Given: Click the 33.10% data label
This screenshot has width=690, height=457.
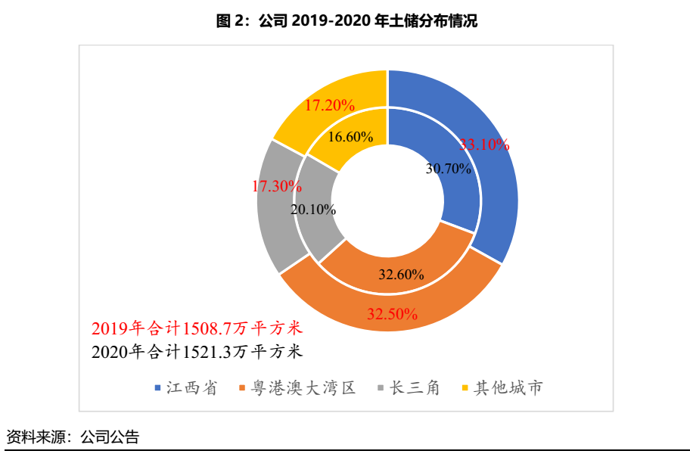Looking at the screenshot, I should (x=485, y=145).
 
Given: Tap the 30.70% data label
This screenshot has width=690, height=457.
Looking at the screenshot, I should (x=448, y=169).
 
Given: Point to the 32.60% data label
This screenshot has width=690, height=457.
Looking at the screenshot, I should (x=401, y=274).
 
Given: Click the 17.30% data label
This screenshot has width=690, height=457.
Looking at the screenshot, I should (x=277, y=185).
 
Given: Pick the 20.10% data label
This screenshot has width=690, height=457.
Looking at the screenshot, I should (x=313, y=210).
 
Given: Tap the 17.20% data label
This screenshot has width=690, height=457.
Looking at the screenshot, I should (x=330, y=106).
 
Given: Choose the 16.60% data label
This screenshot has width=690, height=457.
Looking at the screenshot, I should (x=351, y=137).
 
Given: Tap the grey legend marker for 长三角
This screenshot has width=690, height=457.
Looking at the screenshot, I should (x=381, y=388).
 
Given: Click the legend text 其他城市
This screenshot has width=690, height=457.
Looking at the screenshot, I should (x=508, y=388).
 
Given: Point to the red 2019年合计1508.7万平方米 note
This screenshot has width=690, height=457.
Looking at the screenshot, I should (x=197, y=328).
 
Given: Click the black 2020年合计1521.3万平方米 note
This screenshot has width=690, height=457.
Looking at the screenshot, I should (x=197, y=351).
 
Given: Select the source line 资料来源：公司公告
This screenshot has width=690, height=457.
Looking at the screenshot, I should (x=73, y=437).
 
